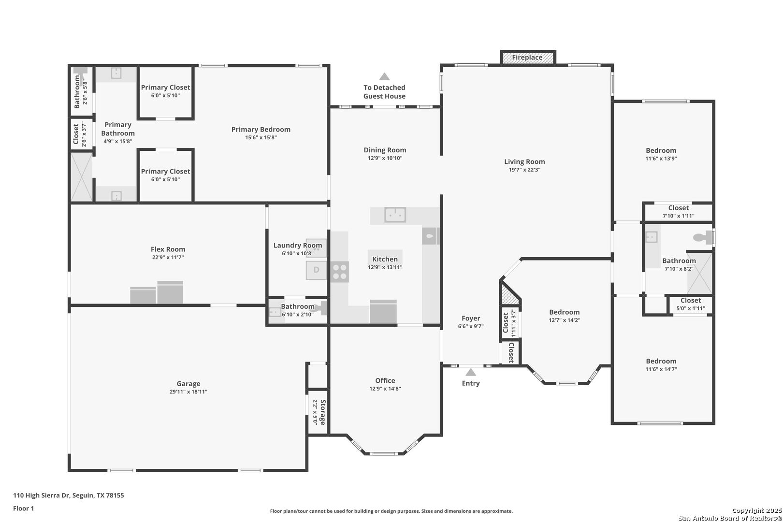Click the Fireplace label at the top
click(527, 58)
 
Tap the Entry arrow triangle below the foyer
click(471, 372)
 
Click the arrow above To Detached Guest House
click(385, 76)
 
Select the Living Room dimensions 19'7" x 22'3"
click(524, 170)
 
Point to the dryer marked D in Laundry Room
click(317, 270)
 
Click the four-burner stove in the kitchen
click(340, 272)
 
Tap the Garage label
click(188, 384)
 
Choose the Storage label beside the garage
click(323, 412)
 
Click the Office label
click(385, 380)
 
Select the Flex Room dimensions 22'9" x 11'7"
click(168, 257)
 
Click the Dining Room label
click(385, 150)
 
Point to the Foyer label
click(471, 318)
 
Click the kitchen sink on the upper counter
click(395, 215)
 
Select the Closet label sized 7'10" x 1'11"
click(679, 208)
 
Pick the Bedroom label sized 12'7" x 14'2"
click(564, 312)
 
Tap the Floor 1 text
click(23, 508)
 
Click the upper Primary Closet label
click(165, 87)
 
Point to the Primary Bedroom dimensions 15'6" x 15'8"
click(261, 137)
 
